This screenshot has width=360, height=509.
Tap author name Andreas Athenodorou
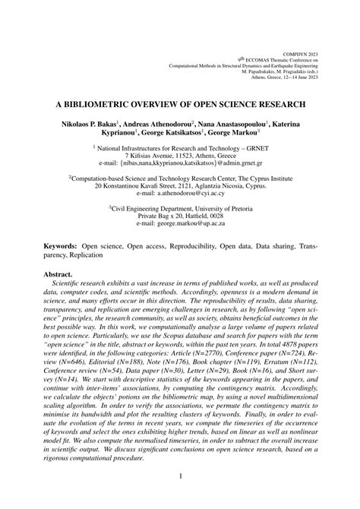pos(157,122)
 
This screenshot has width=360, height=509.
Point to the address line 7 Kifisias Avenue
pos(179,155)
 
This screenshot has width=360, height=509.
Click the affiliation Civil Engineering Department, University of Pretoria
pos(181,206)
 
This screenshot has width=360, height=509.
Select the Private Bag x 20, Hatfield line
pos(179,215)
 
